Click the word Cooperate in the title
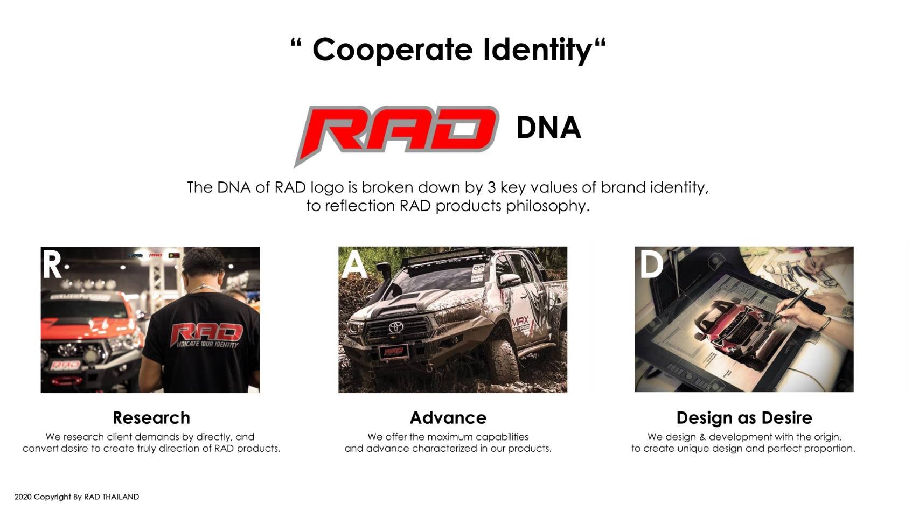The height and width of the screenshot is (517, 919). click(x=393, y=50)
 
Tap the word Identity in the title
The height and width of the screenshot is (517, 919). click(x=538, y=50)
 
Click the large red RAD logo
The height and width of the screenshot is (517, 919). click(x=396, y=134)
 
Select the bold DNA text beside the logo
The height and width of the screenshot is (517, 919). click(x=548, y=128)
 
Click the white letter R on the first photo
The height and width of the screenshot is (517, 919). click(x=52, y=264)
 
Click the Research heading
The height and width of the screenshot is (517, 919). click(x=151, y=418)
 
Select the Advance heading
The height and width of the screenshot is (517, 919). click(x=448, y=418)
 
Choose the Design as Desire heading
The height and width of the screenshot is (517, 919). click(x=744, y=418)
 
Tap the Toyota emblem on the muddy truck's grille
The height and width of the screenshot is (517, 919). click(x=396, y=327)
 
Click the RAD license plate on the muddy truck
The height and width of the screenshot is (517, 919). click(x=394, y=351)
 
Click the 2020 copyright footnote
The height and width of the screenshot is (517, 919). click(x=76, y=497)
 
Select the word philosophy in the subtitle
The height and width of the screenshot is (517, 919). click(x=547, y=206)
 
